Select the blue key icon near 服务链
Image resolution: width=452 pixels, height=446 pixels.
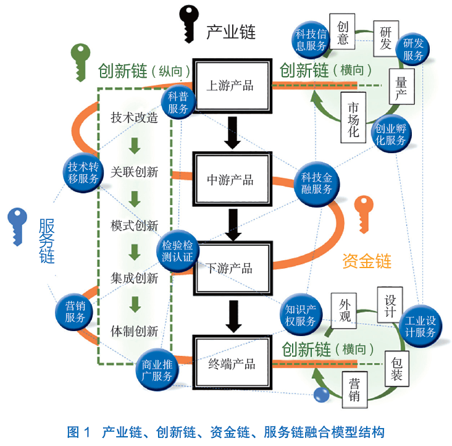click(18, 225)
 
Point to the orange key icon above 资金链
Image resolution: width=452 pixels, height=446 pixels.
click(364, 213)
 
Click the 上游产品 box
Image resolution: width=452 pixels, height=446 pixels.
click(232, 86)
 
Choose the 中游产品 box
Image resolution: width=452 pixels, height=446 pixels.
click(232, 180)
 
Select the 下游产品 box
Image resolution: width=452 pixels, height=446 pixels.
click(232, 268)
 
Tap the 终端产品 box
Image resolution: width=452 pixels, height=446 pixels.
click(232, 363)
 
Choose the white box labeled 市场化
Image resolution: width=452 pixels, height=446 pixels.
click(354, 118)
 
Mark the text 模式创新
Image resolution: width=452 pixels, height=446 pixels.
click(135, 225)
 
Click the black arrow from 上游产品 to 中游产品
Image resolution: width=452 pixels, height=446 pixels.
click(232, 132)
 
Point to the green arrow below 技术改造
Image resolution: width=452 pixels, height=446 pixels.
click(135, 145)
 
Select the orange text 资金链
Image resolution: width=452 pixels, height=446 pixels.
click(367, 261)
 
